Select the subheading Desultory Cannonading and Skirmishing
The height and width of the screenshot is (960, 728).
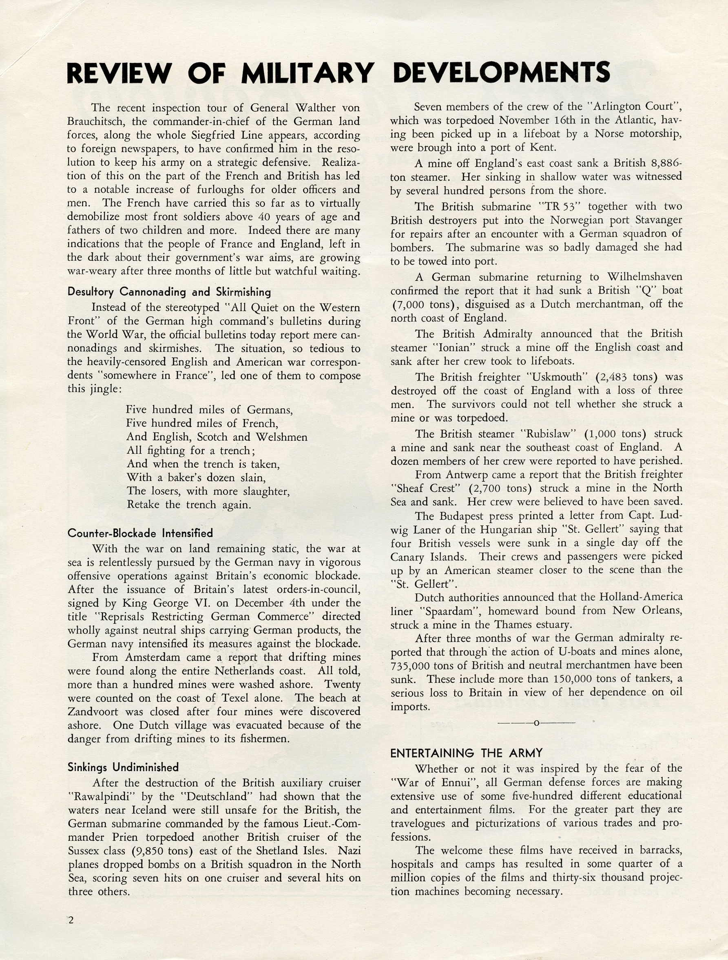coord(169,292)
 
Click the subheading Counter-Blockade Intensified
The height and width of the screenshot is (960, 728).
coord(140,533)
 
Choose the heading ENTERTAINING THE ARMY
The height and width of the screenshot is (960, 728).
coord(466,753)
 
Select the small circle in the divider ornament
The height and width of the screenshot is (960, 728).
coord(536,723)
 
